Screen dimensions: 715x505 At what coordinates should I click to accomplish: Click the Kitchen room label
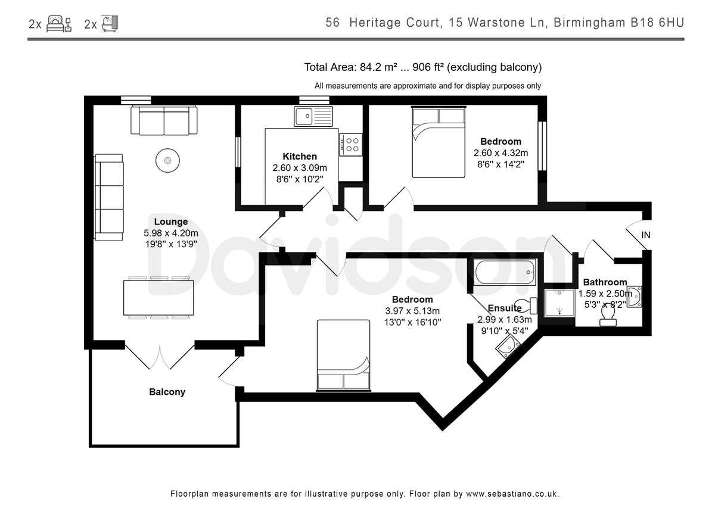click(x=300, y=156)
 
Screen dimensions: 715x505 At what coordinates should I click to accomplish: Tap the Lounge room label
click(x=171, y=222)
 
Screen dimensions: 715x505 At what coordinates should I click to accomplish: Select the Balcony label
click(x=167, y=392)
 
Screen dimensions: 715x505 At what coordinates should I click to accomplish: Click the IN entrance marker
click(x=646, y=235)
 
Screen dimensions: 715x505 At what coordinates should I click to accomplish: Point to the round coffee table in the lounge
click(x=167, y=160)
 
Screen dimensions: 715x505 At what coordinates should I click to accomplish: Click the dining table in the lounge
click(x=158, y=298)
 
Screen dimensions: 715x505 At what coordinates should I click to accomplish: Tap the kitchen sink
click(x=313, y=117)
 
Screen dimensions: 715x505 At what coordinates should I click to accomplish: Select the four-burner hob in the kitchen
click(x=351, y=145)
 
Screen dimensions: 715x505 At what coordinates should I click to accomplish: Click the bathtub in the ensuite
click(x=505, y=272)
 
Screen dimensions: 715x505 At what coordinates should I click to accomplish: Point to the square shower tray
click(x=559, y=303)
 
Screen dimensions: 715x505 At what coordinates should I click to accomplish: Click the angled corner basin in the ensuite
click(x=508, y=346)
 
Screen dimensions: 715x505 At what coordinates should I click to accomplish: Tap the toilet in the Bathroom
click(x=608, y=316)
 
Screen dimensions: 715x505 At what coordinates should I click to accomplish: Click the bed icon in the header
click(x=59, y=24)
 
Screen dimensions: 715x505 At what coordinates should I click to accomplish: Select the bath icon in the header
click(x=110, y=24)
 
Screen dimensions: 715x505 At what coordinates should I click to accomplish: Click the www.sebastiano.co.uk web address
click(x=512, y=494)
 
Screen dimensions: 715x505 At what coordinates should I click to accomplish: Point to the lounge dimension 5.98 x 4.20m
click(x=171, y=233)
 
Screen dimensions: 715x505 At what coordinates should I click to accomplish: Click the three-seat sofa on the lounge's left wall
click(x=109, y=198)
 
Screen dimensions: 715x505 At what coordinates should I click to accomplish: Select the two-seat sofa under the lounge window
click(x=164, y=120)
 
